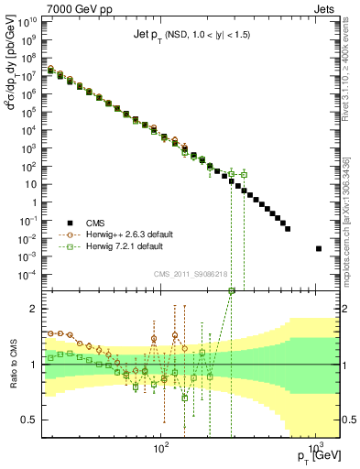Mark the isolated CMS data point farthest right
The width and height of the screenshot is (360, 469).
(x=318, y=248)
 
